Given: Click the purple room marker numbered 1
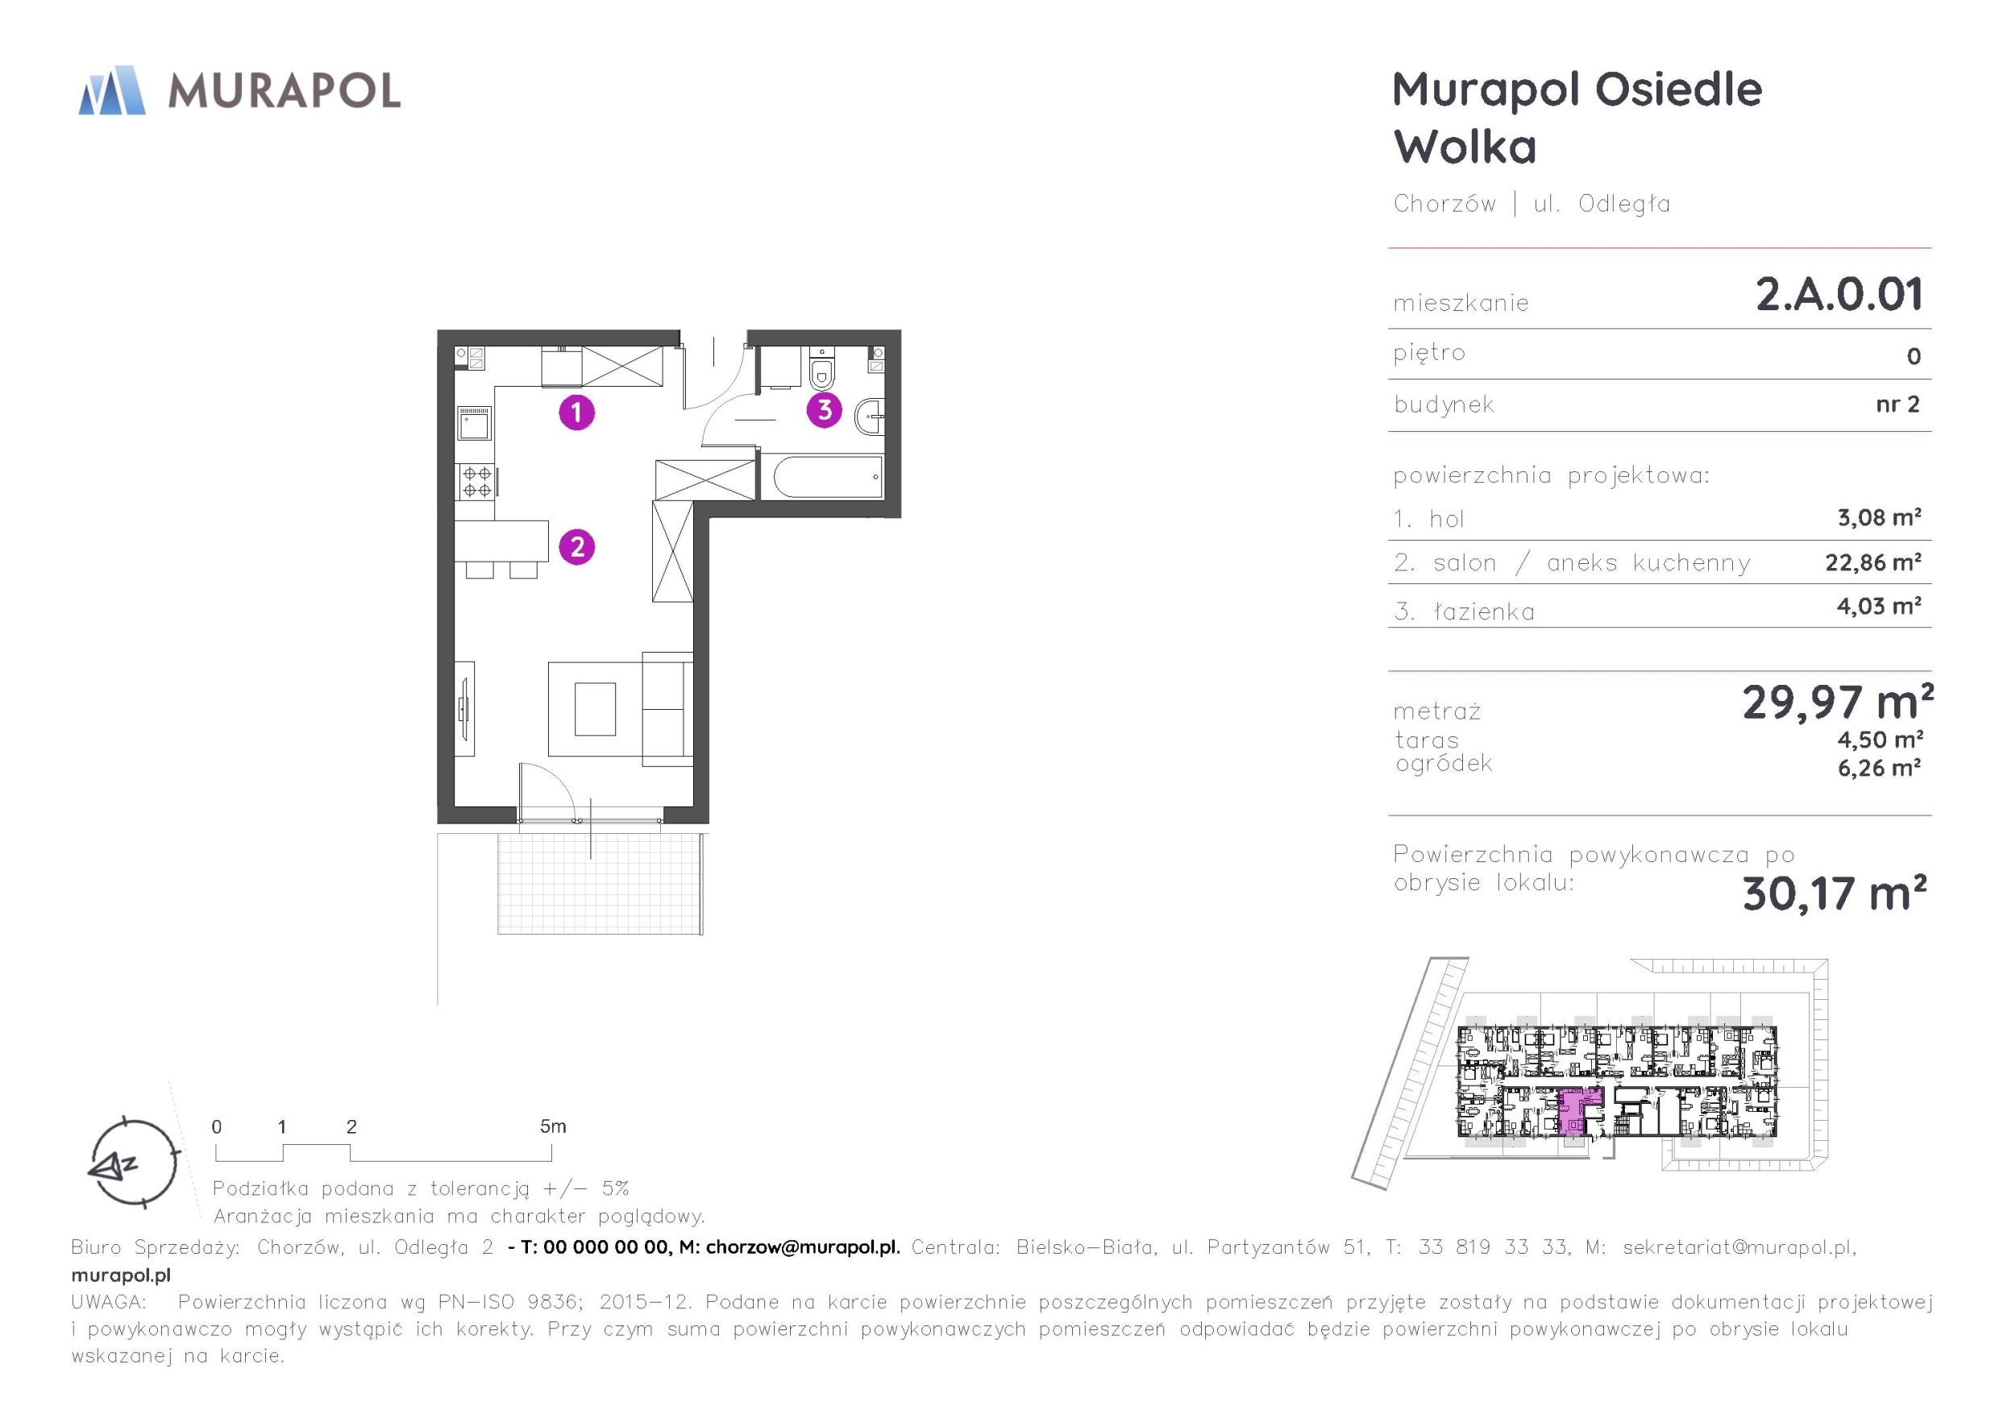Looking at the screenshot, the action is pos(577,413).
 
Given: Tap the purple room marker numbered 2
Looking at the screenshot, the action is pos(577,547).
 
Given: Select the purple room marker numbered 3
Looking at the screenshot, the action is pos(825,409).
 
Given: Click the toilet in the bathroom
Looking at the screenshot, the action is pos(821,371).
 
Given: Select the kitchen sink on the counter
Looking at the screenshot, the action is pos(475,425).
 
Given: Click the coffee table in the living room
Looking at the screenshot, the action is pos(595,709).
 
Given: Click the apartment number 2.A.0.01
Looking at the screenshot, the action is pos(1839,293).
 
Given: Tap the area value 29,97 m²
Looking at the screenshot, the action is pos(1838,703).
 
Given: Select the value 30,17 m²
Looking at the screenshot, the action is pos(1835,893).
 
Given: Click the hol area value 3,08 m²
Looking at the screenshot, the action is pos(1880,517).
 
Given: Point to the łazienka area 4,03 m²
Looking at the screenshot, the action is pos(1879,606).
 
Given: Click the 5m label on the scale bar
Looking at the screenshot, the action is pos(553,1126).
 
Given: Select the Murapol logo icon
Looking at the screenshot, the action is pos(112,89).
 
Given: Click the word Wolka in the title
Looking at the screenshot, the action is pos(1465,146).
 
